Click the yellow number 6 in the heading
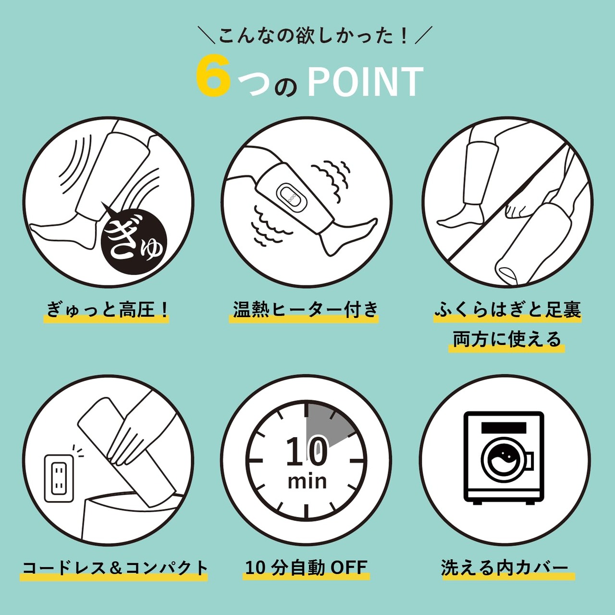[213, 78]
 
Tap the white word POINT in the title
[365, 81]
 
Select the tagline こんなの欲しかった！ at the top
[313, 36]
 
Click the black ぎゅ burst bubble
[134, 241]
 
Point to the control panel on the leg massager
[292, 197]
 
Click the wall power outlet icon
[59, 478]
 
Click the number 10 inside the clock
[307, 452]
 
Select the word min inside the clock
[307, 481]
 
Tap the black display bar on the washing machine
[504, 428]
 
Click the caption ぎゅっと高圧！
[107, 309]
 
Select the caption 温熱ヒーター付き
[305, 309]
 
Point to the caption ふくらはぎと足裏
[507, 309]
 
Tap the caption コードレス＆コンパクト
[115, 567]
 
